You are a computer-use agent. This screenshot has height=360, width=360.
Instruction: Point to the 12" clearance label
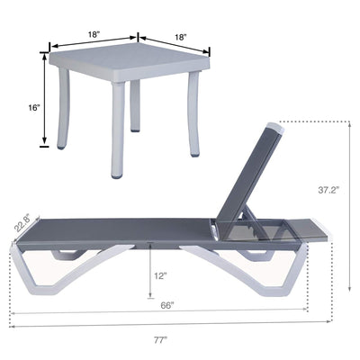(x=160, y=275)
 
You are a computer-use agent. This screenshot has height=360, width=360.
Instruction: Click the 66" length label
(x=167, y=306)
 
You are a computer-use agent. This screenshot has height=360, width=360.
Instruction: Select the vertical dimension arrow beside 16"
(x=42, y=100)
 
